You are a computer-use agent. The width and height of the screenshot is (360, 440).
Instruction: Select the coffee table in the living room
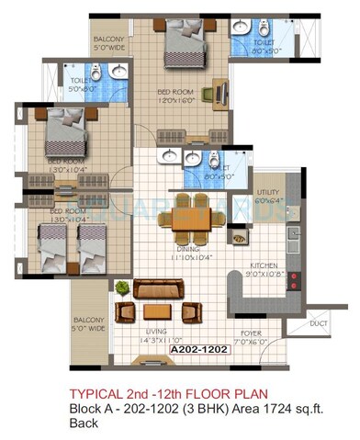point(156,311)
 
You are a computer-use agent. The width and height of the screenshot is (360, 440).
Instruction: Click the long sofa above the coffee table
point(158,288)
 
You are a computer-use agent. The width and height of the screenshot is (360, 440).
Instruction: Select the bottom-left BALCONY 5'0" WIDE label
point(91,323)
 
